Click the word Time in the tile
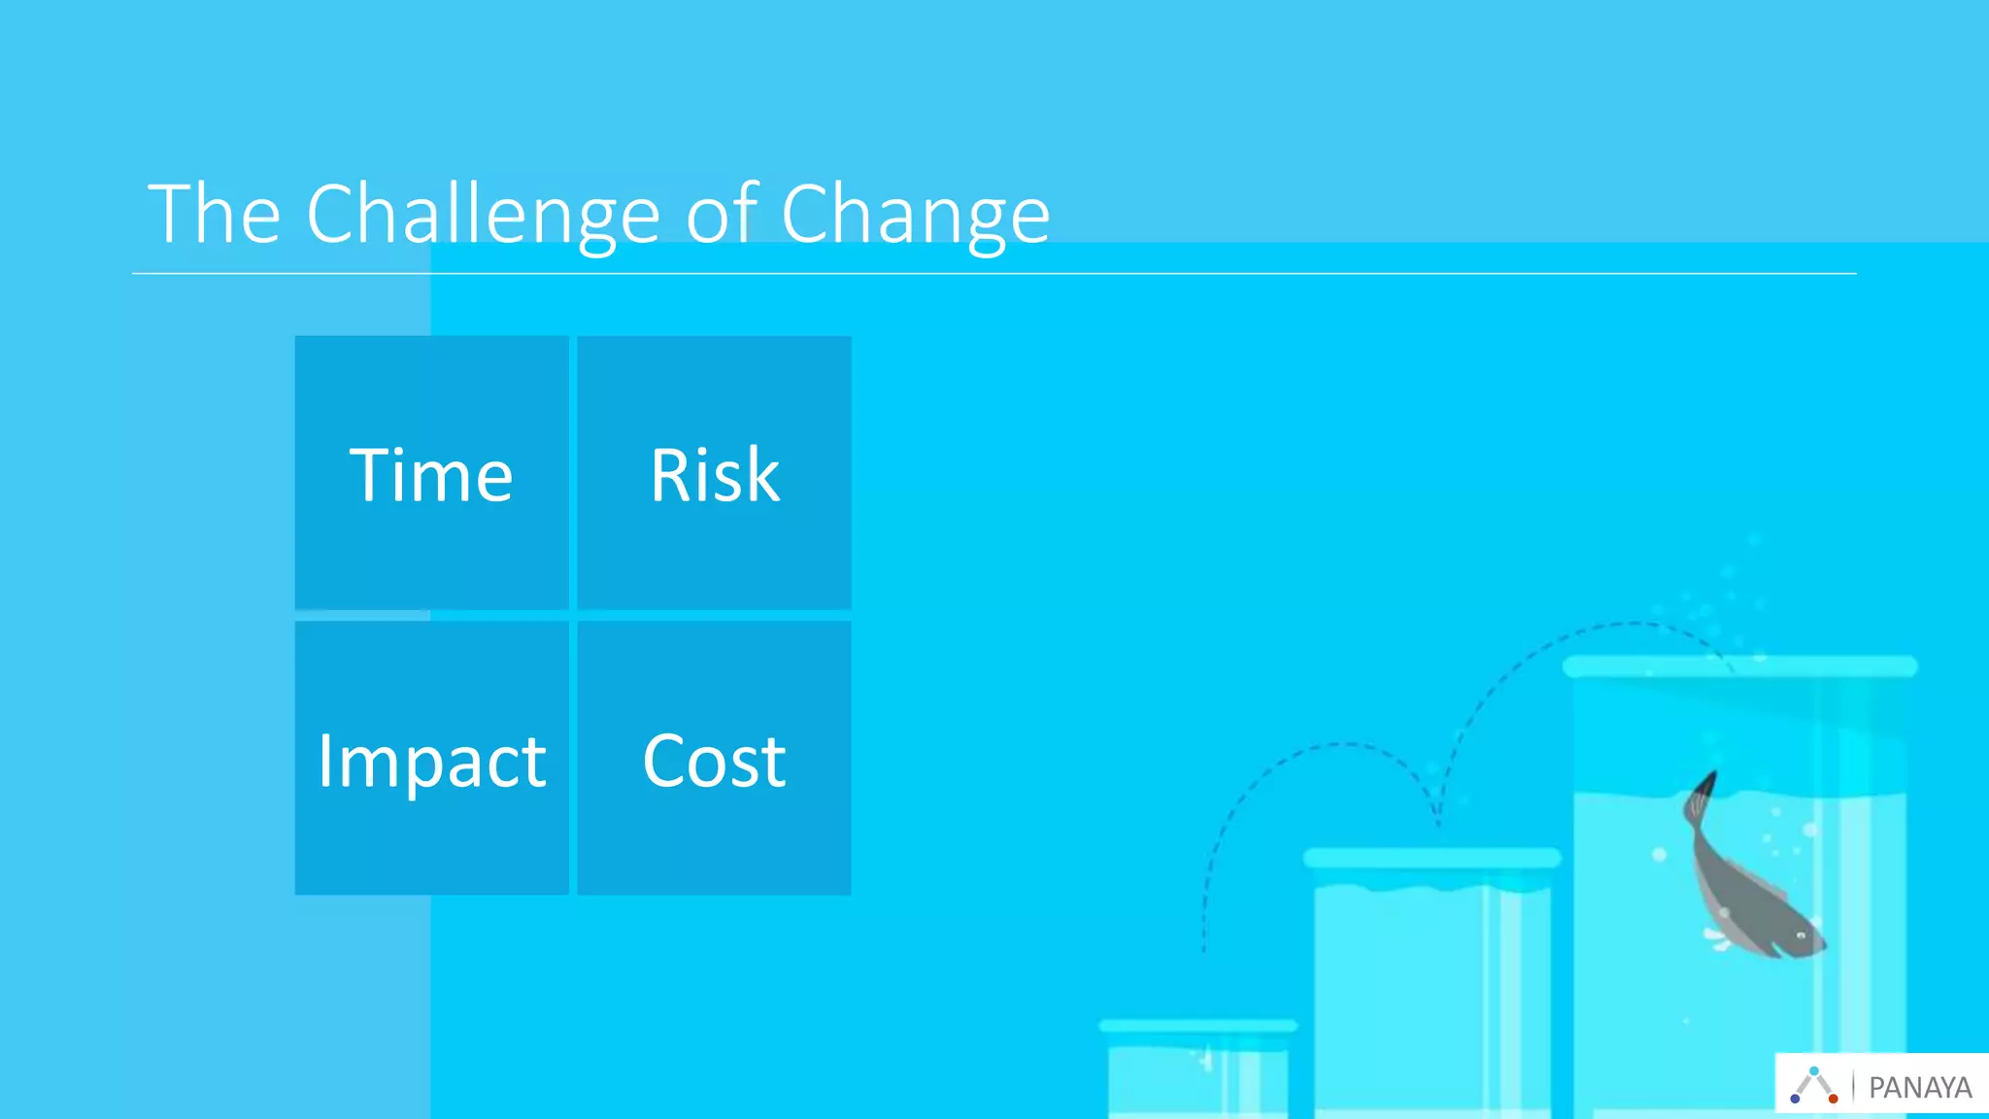point(431,475)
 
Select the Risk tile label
point(715,475)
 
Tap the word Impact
point(431,761)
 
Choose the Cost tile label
point(715,761)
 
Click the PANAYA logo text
point(1920,1087)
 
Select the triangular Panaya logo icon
point(1813,1085)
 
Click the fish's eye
point(1802,935)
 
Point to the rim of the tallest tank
point(1739,666)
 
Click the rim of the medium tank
point(1432,858)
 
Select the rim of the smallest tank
point(1197,1026)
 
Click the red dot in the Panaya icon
point(1833,1099)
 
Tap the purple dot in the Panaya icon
point(1795,1099)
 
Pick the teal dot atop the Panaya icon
point(1813,1070)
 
